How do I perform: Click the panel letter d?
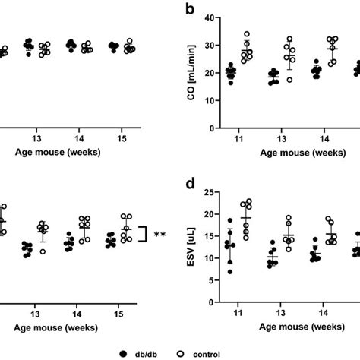(196, 185)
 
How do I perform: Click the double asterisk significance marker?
(160, 235)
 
